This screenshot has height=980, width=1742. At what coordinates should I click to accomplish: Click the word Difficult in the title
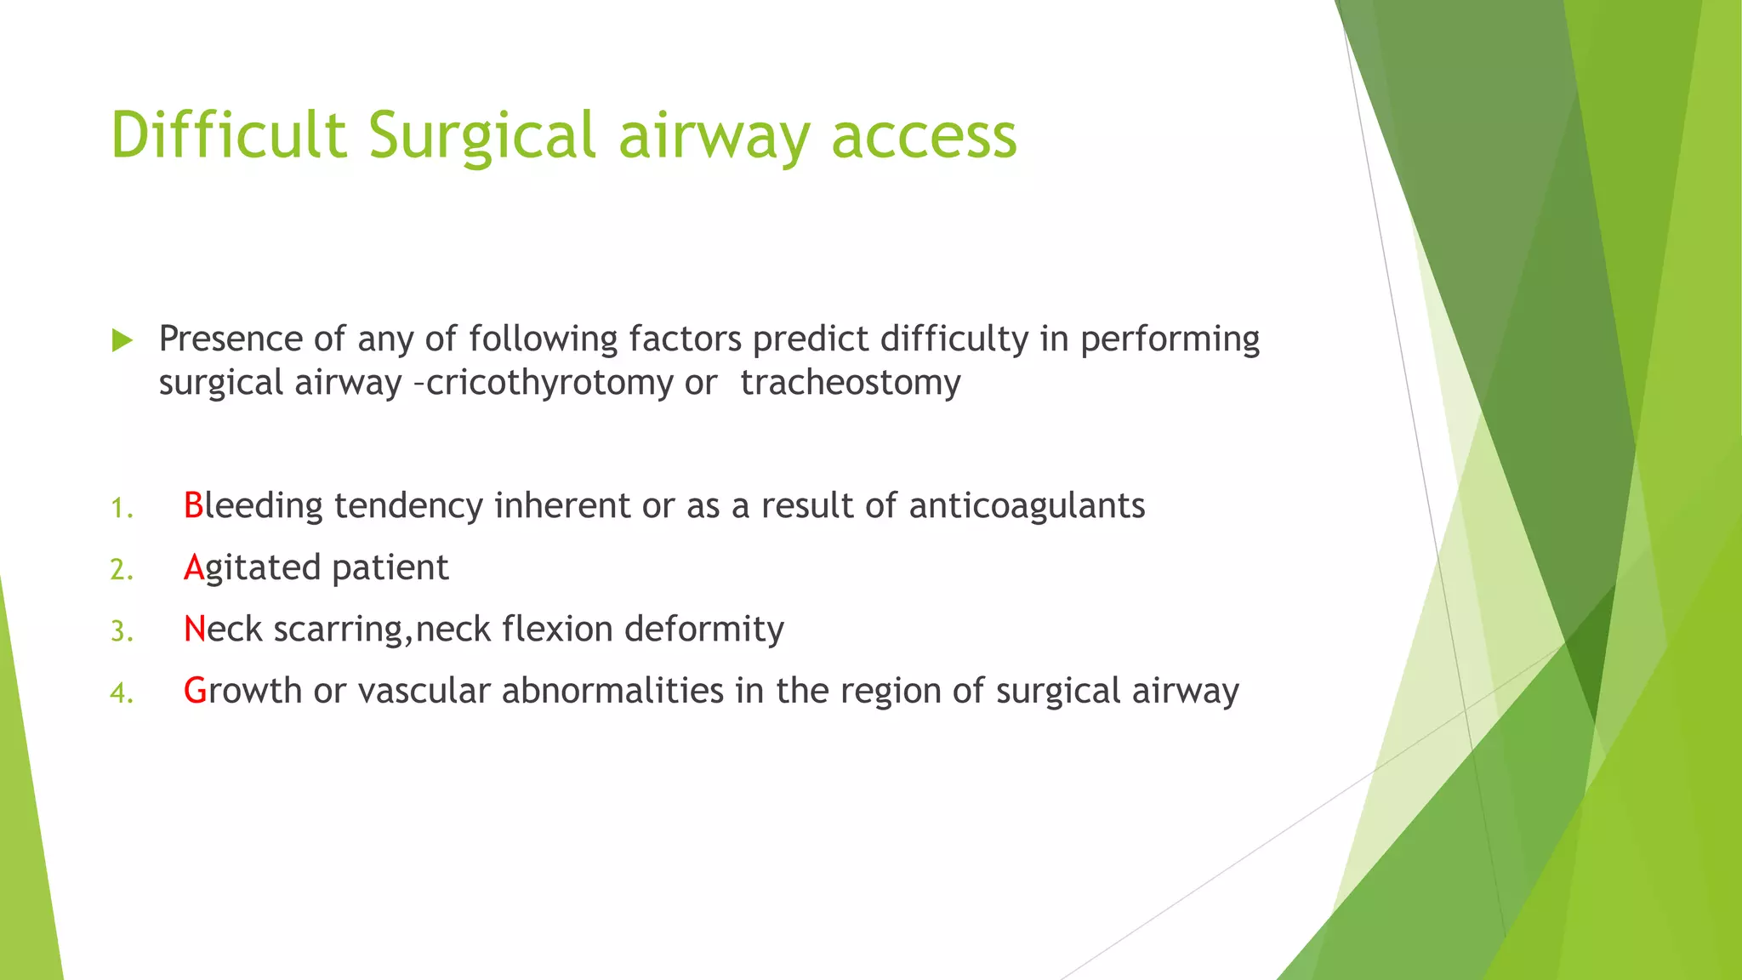229,135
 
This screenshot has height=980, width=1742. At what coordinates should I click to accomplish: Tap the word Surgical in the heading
481,137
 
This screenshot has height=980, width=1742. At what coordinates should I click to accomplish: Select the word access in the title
924,137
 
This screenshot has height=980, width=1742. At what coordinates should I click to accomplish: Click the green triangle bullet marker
122,341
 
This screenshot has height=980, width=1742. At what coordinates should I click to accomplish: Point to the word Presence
231,339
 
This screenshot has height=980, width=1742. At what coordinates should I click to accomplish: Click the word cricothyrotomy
549,383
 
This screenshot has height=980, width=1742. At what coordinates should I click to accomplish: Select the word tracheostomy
850,383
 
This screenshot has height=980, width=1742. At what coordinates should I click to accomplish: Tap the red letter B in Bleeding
193,505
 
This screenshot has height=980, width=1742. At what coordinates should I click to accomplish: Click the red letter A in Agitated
194,567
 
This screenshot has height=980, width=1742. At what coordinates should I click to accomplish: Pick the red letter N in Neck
195,630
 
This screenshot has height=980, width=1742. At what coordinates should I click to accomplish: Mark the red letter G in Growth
195,691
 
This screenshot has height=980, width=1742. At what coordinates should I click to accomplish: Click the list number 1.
121,509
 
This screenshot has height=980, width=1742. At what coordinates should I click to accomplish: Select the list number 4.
121,693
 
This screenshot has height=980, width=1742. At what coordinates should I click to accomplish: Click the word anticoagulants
1027,505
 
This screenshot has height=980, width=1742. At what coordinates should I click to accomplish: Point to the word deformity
703,630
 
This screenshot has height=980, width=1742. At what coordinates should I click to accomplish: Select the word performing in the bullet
1170,340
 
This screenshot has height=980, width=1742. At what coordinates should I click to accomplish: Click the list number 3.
121,632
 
